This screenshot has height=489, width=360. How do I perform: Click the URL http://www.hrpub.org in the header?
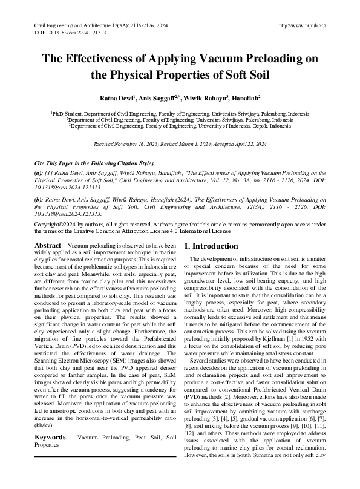tap(303, 25)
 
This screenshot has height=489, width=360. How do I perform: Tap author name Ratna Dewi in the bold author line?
tap(116, 98)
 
